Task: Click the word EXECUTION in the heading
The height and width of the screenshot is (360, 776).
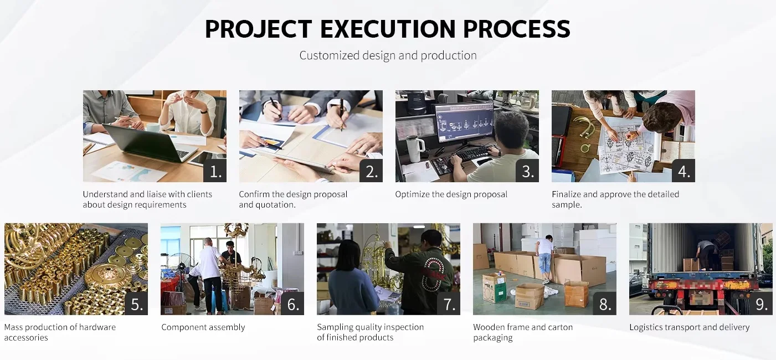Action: tap(388, 29)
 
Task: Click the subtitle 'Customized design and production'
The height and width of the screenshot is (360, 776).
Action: tap(388, 55)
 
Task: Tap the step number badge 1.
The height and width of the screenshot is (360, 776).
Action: tap(215, 171)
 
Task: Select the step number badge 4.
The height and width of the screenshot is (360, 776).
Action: tap(684, 171)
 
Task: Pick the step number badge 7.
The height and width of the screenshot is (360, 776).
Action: tap(449, 304)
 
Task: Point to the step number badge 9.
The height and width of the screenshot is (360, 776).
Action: tap(761, 304)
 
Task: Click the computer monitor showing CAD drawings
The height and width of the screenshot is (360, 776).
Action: tap(464, 123)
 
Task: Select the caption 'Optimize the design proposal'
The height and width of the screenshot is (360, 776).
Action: tap(451, 194)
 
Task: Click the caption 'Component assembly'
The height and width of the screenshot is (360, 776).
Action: tap(203, 327)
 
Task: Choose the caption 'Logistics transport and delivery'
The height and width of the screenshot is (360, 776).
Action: tap(690, 327)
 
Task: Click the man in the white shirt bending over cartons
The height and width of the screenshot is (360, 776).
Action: tap(544, 258)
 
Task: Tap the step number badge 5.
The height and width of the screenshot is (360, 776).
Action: tap(136, 304)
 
